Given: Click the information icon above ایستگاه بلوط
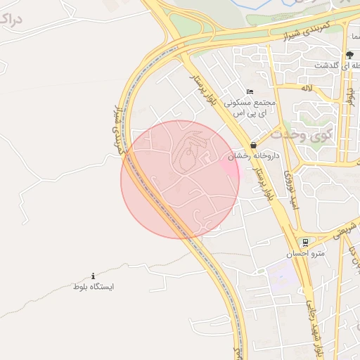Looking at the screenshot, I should [x=94, y=276].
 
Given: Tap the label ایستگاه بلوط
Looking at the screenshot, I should [x=94, y=287].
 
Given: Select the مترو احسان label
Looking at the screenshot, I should [x=301, y=252].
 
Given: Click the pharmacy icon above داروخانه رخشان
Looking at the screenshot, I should [x=252, y=145].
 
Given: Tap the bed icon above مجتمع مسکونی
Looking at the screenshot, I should [x=250, y=91].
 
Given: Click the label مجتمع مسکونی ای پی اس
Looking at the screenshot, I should [x=251, y=107].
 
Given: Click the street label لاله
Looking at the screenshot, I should [x=307, y=88].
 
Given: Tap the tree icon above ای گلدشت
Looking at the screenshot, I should [x=349, y=55].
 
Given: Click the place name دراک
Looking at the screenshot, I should [x=20, y=19].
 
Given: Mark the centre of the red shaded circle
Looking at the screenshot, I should [x=180, y=179].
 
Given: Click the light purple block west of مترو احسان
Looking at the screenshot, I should [x=281, y=276].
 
